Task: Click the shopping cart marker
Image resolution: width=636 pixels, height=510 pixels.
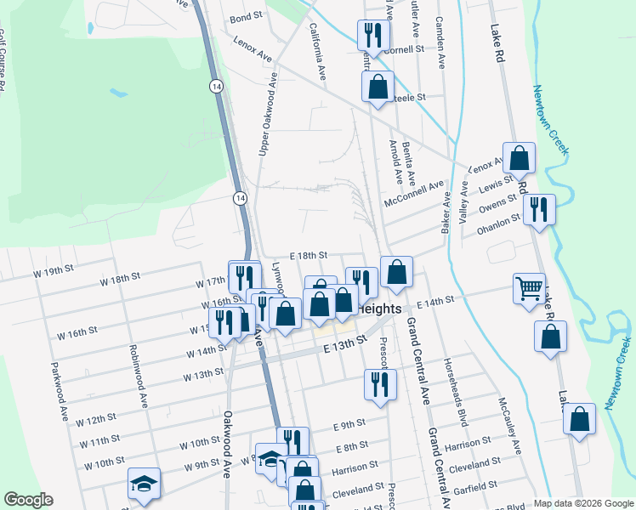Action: point(529,289)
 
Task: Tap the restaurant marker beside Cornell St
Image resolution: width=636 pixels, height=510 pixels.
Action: point(372,36)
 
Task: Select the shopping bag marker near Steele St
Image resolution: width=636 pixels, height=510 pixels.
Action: point(378,87)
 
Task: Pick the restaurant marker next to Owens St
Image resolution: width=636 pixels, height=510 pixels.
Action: point(539,210)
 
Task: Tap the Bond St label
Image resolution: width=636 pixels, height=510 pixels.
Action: point(246,17)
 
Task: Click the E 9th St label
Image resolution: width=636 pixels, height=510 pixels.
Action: point(349,423)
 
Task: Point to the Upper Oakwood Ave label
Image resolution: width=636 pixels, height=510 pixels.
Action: point(269,113)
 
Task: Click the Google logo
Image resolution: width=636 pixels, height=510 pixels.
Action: point(29,500)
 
